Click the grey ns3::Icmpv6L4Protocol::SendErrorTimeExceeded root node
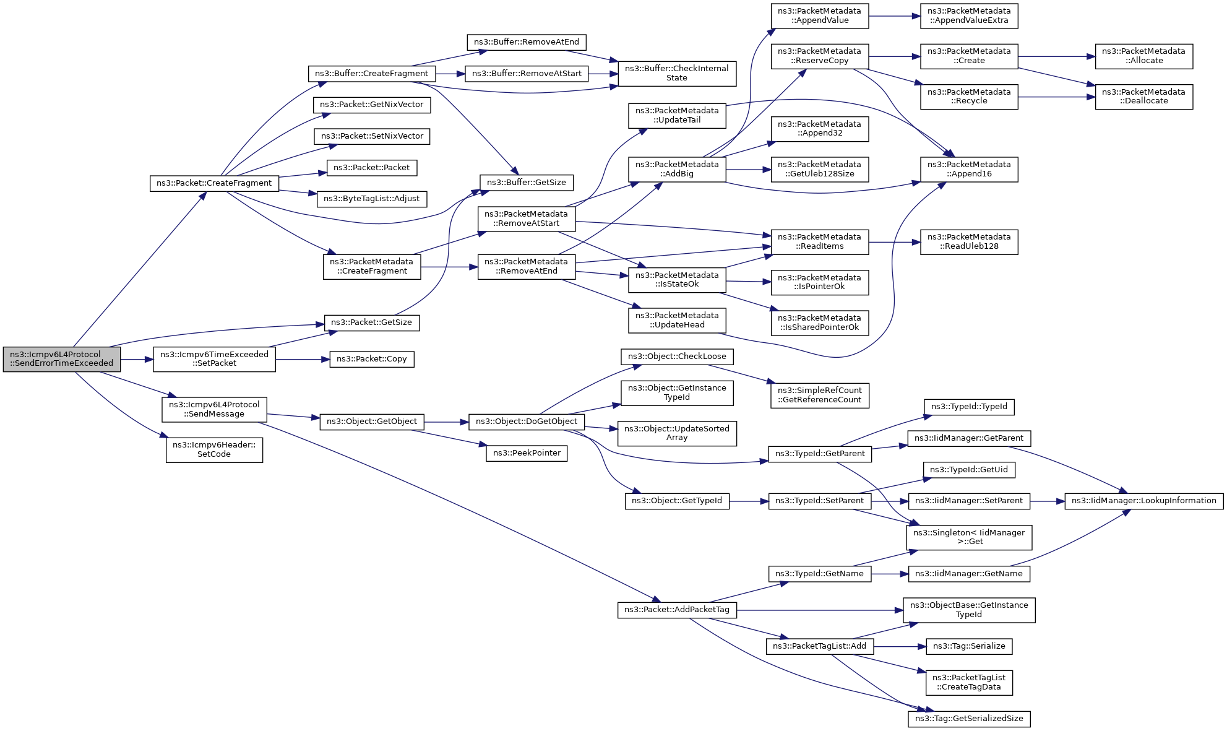62,359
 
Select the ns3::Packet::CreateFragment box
214,183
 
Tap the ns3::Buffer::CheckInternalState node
677,73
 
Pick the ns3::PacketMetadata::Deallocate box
1144,97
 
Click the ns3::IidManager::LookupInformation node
1144,501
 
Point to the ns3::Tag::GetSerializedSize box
969,719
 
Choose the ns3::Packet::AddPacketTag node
677,610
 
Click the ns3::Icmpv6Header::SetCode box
214,449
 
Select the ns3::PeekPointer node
527,453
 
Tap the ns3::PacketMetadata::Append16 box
969,169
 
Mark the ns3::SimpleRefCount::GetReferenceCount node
820,395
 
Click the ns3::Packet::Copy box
372,359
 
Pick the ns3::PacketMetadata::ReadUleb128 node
969,241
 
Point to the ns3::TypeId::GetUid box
969,470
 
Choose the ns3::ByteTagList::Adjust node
372,199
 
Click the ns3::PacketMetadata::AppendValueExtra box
969,15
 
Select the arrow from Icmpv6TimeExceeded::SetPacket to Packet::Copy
303,359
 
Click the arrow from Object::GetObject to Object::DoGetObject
447,422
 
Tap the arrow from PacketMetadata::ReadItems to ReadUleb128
895,242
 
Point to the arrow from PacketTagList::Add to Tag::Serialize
900,647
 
